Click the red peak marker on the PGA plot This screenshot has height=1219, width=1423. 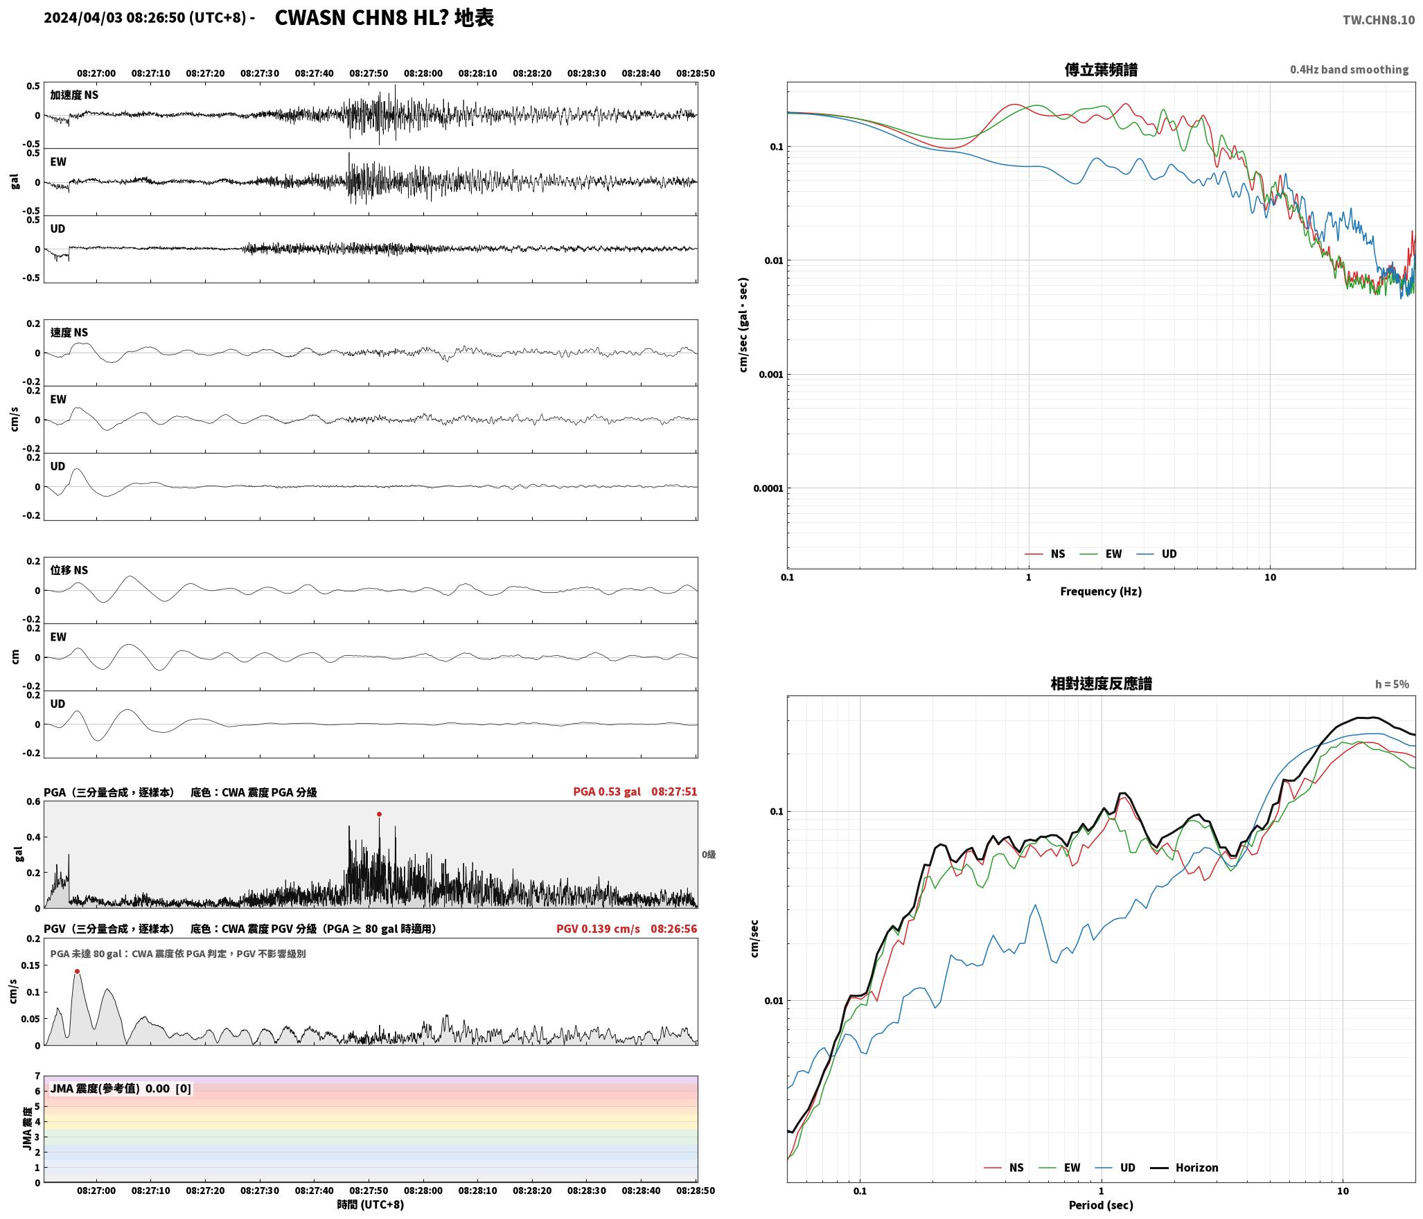(x=379, y=814)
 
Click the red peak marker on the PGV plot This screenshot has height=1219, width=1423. (x=77, y=971)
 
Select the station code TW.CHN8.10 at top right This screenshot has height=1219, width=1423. (x=1379, y=20)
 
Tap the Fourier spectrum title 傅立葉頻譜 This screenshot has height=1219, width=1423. (x=1101, y=69)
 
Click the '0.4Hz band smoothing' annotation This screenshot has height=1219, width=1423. (x=1349, y=70)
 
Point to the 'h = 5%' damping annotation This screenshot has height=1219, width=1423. (x=1392, y=684)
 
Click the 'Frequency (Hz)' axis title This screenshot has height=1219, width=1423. (x=1101, y=591)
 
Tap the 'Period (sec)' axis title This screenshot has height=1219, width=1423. (x=1101, y=1205)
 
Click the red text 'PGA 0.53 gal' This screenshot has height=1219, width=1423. (x=607, y=792)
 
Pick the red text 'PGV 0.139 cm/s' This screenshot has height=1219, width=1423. (x=598, y=929)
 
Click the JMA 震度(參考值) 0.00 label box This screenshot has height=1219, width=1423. (x=121, y=1088)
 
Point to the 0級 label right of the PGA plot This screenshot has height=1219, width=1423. (x=709, y=855)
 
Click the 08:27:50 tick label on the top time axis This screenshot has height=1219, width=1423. (x=369, y=73)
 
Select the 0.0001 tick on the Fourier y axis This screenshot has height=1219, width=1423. (x=768, y=488)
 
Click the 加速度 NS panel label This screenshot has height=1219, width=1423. (x=74, y=95)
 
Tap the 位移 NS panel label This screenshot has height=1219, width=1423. (x=69, y=570)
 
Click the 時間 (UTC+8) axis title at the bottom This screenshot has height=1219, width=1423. (x=371, y=1204)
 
